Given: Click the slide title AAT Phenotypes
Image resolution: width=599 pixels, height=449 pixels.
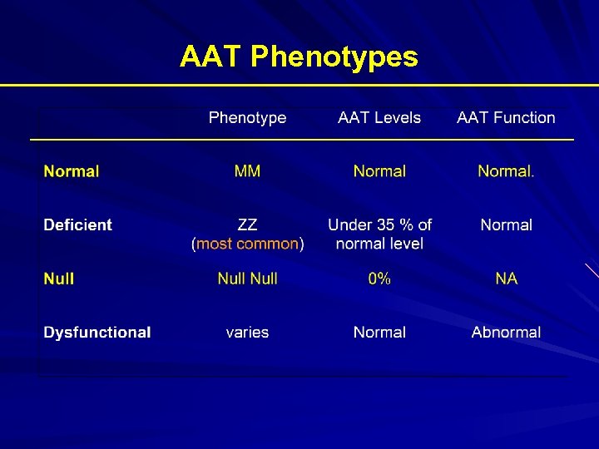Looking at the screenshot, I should click(299, 57).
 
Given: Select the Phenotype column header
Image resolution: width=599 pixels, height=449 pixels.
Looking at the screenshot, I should click(247, 118).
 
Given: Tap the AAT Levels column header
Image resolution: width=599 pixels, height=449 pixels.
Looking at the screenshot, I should click(379, 118).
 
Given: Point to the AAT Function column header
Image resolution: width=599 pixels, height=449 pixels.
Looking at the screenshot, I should click(506, 118).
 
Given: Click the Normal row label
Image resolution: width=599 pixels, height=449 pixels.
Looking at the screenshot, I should click(72, 171).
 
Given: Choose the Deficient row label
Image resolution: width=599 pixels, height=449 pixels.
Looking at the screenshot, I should click(77, 224).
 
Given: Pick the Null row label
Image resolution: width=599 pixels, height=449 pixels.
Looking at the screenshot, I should click(59, 279).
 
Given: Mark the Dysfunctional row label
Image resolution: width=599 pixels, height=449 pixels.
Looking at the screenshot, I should click(97, 332).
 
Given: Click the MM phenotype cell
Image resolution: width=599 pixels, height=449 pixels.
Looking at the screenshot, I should click(247, 171).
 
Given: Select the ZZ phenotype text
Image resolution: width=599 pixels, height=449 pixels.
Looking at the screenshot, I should click(247, 224).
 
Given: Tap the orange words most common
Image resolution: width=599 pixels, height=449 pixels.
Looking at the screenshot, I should click(247, 244).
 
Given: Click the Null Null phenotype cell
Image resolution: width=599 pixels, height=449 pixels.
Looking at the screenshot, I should click(247, 279).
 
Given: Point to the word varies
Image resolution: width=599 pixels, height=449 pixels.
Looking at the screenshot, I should click(247, 332).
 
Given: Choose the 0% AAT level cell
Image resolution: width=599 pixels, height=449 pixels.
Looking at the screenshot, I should click(379, 279).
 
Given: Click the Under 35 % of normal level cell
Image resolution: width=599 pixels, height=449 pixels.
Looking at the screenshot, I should click(379, 234).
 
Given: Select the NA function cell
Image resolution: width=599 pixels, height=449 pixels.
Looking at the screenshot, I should click(506, 279).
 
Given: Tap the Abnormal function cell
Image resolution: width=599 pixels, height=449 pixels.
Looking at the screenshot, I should click(506, 332).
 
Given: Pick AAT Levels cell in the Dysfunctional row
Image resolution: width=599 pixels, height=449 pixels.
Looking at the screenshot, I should click(379, 332).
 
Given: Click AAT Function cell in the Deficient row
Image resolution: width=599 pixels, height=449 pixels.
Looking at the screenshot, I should click(506, 224).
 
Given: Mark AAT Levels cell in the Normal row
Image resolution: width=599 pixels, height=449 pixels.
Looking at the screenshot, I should click(379, 171).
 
